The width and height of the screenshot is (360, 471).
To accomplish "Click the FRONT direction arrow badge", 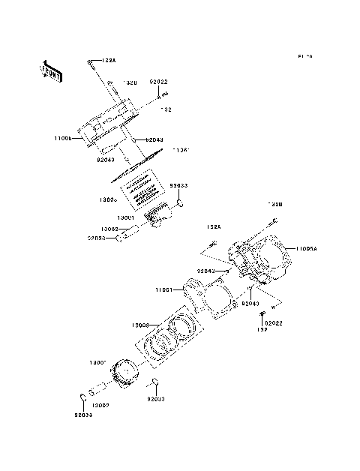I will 50,70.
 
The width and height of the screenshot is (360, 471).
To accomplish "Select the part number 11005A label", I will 307,248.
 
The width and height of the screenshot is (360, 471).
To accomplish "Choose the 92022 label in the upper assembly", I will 157,81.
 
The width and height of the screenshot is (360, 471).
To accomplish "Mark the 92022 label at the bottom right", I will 271,323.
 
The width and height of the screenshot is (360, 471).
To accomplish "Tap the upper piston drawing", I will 160,220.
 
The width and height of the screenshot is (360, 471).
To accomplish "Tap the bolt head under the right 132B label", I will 275,220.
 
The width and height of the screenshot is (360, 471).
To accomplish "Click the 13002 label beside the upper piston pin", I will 109,229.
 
